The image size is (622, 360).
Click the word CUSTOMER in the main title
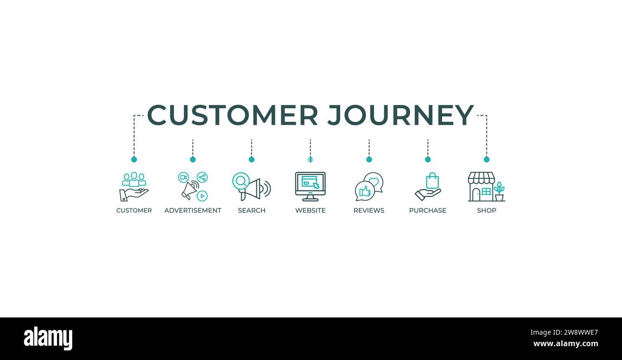point(233,115)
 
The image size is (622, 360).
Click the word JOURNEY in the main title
point(400,115)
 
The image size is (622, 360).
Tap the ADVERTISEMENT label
point(193,210)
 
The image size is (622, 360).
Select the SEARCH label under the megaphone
point(252,210)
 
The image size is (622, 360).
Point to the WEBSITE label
point(310,210)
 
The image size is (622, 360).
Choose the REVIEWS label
point(369,210)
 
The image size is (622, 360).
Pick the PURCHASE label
point(428,210)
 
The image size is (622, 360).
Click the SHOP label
point(487,210)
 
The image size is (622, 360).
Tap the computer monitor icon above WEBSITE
point(310,185)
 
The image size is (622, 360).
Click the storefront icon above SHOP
point(481,186)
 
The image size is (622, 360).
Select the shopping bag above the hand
point(432,181)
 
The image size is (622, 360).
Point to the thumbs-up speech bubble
point(365,191)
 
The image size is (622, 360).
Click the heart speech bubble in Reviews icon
point(374,182)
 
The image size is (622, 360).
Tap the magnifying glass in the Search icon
point(241,181)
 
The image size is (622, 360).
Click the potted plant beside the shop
point(499,191)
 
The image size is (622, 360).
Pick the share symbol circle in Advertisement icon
point(202,177)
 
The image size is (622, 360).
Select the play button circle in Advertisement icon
point(202,196)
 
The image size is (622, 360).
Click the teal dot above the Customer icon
point(134,159)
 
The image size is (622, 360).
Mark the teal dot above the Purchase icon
point(428,159)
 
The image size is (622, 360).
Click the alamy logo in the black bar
point(48,338)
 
